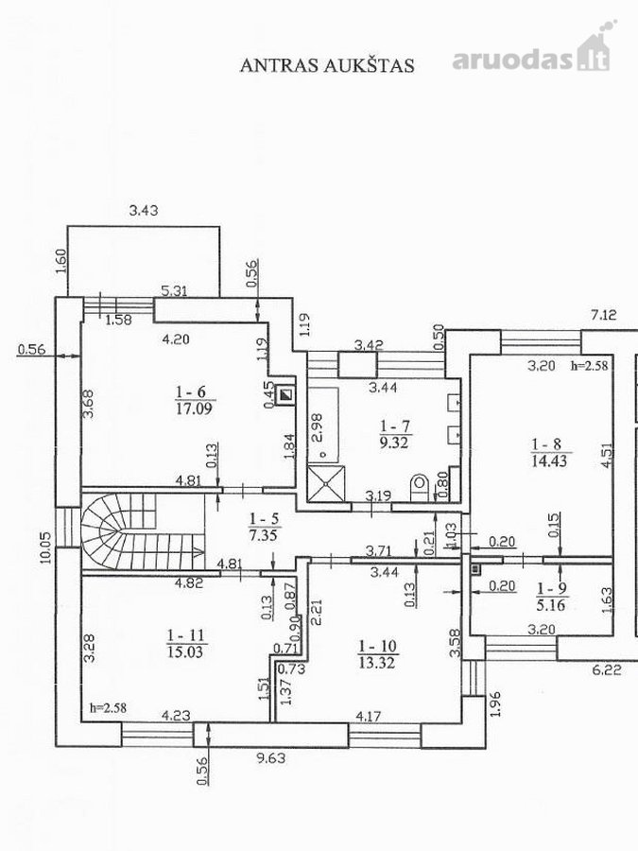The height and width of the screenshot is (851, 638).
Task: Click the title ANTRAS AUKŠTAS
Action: click(x=327, y=64)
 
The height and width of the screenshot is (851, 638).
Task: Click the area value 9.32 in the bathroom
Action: click(x=394, y=443)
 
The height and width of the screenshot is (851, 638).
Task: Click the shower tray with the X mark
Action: click(x=326, y=483)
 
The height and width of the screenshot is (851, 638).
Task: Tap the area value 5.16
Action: click(x=551, y=604)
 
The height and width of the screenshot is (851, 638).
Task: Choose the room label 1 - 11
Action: click(x=185, y=635)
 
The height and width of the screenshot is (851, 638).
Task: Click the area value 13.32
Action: click(x=376, y=662)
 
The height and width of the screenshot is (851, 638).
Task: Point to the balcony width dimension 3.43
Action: click(x=144, y=210)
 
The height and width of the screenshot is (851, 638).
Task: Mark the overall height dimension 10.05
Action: click(x=46, y=548)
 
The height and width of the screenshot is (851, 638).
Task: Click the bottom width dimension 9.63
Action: click(x=270, y=757)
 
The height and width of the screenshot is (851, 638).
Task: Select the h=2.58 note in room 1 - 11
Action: click(x=109, y=708)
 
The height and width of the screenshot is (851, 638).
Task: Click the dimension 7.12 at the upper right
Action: click(x=604, y=314)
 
